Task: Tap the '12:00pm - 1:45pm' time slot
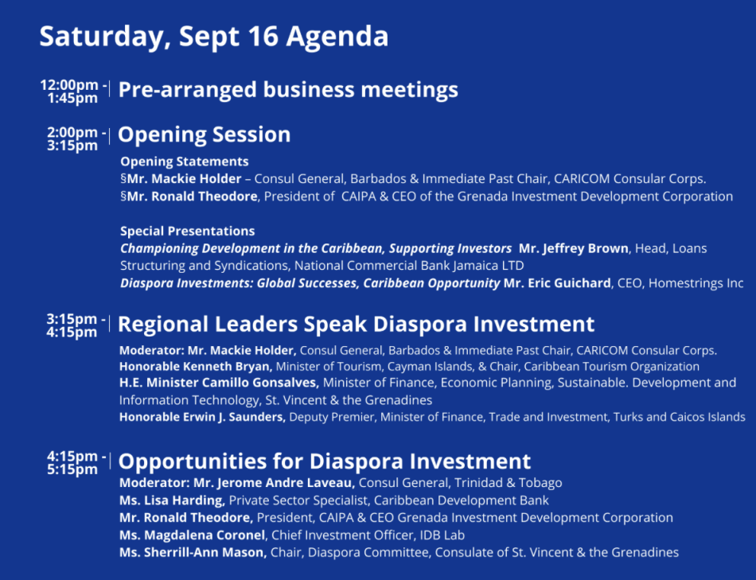click(73, 91)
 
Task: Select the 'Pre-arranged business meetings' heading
click(288, 90)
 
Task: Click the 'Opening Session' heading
click(204, 134)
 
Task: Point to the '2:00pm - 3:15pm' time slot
click(76, 138)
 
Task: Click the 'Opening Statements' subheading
click(184, 161)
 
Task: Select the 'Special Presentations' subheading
click(187, 231)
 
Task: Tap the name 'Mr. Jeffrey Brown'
click(573, 248)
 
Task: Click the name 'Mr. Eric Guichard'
click(557, 283)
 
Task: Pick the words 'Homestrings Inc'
click(696, 283)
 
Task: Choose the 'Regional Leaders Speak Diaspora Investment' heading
click(356, 324)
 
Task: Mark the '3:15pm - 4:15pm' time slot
click(76, 325)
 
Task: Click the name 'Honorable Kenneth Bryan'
click(195, 367)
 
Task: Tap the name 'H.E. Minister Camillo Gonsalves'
click(219, 383)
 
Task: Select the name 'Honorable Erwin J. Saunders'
click(202, 417)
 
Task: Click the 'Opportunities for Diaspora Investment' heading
click(324, 461)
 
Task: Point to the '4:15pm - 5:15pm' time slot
click(76, 463)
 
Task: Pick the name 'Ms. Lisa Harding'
click(172, 500)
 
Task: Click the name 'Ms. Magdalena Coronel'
click(192, 535)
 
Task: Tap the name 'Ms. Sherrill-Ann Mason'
click(193, 552)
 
